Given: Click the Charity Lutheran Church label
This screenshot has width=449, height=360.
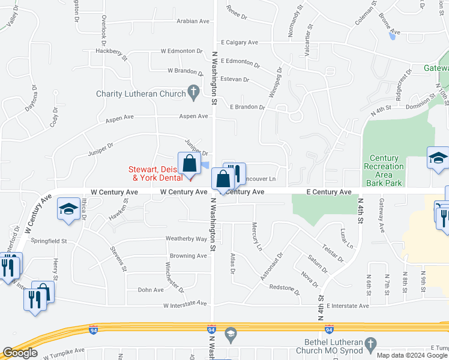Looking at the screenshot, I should click(x=140, y=94).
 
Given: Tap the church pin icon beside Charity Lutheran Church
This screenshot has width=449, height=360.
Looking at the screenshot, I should click(x=193, y=92).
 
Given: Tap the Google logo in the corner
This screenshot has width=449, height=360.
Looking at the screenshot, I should click(x=20, y=353).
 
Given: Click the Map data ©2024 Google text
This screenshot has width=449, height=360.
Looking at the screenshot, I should click(x=412, y=355).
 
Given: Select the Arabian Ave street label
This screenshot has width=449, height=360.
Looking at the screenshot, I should click(x=193, y=21).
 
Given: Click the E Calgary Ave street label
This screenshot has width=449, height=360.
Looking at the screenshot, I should click(x=239, y=43).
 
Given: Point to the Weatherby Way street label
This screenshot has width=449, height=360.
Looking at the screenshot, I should click(x=186, y=239).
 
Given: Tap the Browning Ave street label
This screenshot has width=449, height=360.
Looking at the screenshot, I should click(x=188, y=256).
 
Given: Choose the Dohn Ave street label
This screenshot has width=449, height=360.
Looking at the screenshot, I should click(x=151, y=290).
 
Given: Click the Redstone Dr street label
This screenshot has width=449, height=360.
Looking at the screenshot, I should click(x=285, y=290).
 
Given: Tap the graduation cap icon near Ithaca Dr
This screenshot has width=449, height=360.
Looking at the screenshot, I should click(x=68, y=209).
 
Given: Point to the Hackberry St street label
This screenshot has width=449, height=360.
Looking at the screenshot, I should click(x=112, y=54).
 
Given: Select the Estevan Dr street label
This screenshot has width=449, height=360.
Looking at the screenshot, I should click(x=235, y=79).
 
